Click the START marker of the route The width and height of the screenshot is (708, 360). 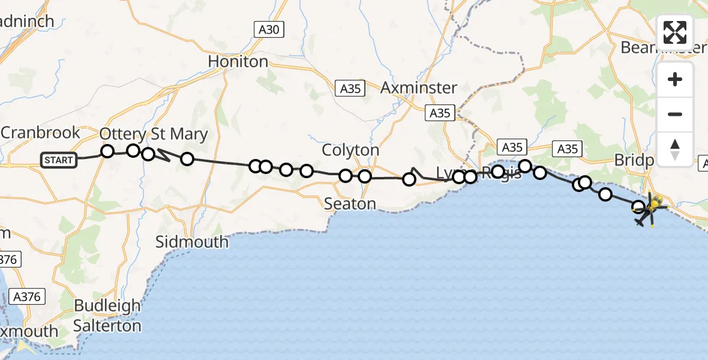[x=59, y=160]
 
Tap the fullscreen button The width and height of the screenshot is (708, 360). [x=675, y=32]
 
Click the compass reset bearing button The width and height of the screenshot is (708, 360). [x=675, y=149]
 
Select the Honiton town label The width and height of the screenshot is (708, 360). [x=238, y=61]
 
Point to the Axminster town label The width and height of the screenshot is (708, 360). [x=419, y=88]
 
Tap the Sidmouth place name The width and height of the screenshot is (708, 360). [x=192, y=242]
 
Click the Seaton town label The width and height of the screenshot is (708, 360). [x=350, y=204]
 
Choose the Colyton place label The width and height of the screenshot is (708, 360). [x=351, y=150]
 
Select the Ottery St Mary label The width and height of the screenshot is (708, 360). [x=154, y=134]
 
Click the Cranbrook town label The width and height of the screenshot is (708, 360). [x=40, y=132]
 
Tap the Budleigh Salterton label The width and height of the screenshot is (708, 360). [x=107, y=316]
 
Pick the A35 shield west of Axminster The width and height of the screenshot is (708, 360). [x=350, y=88]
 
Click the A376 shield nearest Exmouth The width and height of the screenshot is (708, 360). [x=27, y=296]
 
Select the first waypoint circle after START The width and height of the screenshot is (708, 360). [x=107, y=151]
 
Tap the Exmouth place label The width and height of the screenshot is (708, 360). [x=29, y=331]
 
